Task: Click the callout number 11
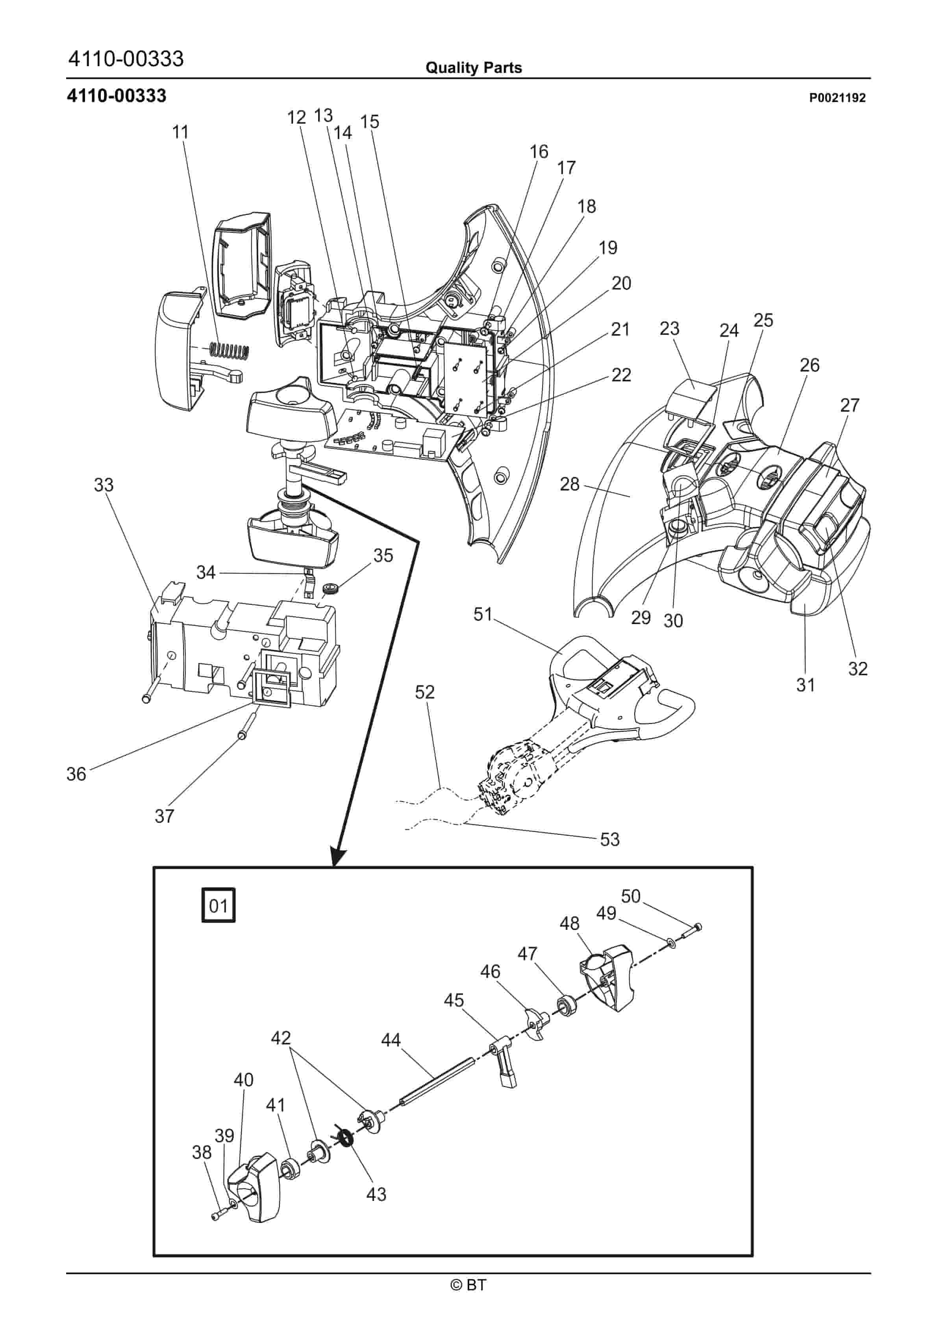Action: point(180,132)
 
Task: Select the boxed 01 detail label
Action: point(219,905)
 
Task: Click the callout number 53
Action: point(609,839)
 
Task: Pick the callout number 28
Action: point(570,484)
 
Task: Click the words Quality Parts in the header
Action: point(474,68)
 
